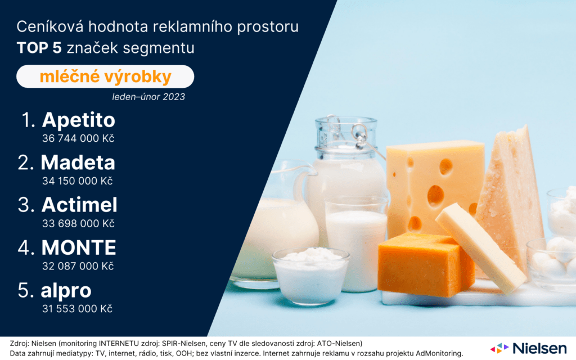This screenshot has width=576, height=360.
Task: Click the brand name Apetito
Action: point(79,120)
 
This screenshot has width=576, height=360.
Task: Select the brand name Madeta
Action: point(78,163)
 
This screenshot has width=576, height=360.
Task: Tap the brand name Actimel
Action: point(79,205)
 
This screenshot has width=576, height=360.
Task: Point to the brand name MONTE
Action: point(79,247)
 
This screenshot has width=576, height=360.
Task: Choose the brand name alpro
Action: point(66,291)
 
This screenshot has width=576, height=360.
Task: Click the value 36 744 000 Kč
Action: point(78,138)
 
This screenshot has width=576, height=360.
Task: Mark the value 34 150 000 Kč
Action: point(78,181)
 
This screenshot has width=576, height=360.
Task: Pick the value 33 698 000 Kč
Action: point(78,224)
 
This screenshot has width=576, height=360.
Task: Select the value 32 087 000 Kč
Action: point(78,266)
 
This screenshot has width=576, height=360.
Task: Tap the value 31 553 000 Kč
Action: point(77,309)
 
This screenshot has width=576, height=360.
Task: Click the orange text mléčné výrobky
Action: point(105,76)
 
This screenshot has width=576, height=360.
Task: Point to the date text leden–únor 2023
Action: point(148,97)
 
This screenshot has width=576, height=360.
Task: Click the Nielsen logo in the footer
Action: point(529,348)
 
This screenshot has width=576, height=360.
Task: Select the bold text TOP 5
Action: point(39,48)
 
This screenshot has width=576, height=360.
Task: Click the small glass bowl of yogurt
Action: point(310,276)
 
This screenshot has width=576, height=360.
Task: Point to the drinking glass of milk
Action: point(356,243)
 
